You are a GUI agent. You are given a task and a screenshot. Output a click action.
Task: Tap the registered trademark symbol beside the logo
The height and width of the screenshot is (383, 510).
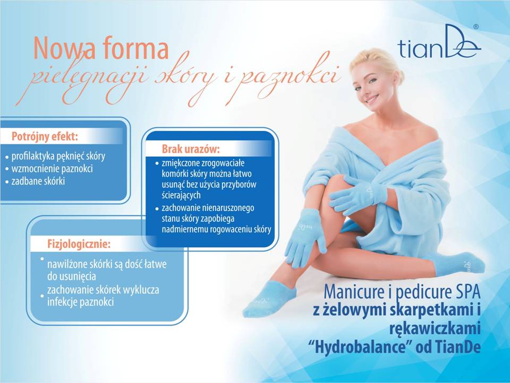[x=475, y=27]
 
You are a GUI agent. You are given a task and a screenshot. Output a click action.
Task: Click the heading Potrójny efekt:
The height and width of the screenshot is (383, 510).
[x=45, y=136]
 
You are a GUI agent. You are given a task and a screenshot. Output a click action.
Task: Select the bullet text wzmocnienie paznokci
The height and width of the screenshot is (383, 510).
[x=52, y=169]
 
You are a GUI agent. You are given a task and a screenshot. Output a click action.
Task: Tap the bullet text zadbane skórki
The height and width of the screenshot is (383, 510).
[x=38, y=181]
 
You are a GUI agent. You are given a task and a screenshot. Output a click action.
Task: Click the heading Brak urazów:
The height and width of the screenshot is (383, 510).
[x=191, y=149]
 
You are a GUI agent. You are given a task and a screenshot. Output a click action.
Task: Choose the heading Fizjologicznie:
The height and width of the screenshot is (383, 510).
[x=79, y=244]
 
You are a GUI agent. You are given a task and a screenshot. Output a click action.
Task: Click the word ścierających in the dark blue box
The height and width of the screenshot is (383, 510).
[x=181, y=195]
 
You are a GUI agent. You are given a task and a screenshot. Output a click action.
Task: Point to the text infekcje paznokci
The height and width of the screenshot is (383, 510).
[x=81, y=302]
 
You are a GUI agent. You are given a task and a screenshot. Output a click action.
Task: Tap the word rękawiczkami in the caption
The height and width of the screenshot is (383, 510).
[x=435, y=329]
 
